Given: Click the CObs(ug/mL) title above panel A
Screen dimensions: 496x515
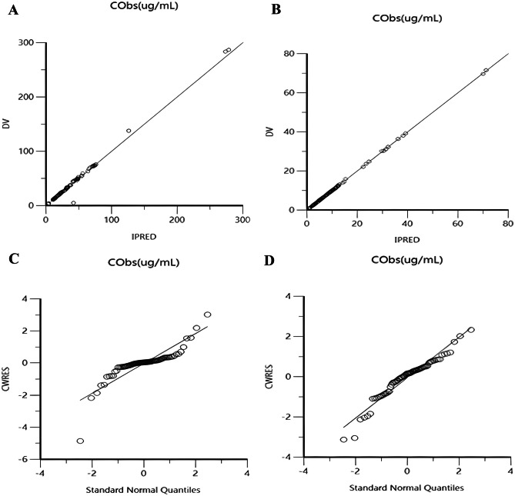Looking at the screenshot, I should [139, 9].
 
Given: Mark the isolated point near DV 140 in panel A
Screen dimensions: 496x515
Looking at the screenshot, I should [129, 131].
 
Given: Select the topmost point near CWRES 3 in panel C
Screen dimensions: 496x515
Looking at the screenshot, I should [207, 315].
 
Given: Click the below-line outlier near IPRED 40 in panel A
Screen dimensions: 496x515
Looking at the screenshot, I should [73, 203].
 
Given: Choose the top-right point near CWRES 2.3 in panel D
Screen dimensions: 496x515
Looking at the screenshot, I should [471, 330].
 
